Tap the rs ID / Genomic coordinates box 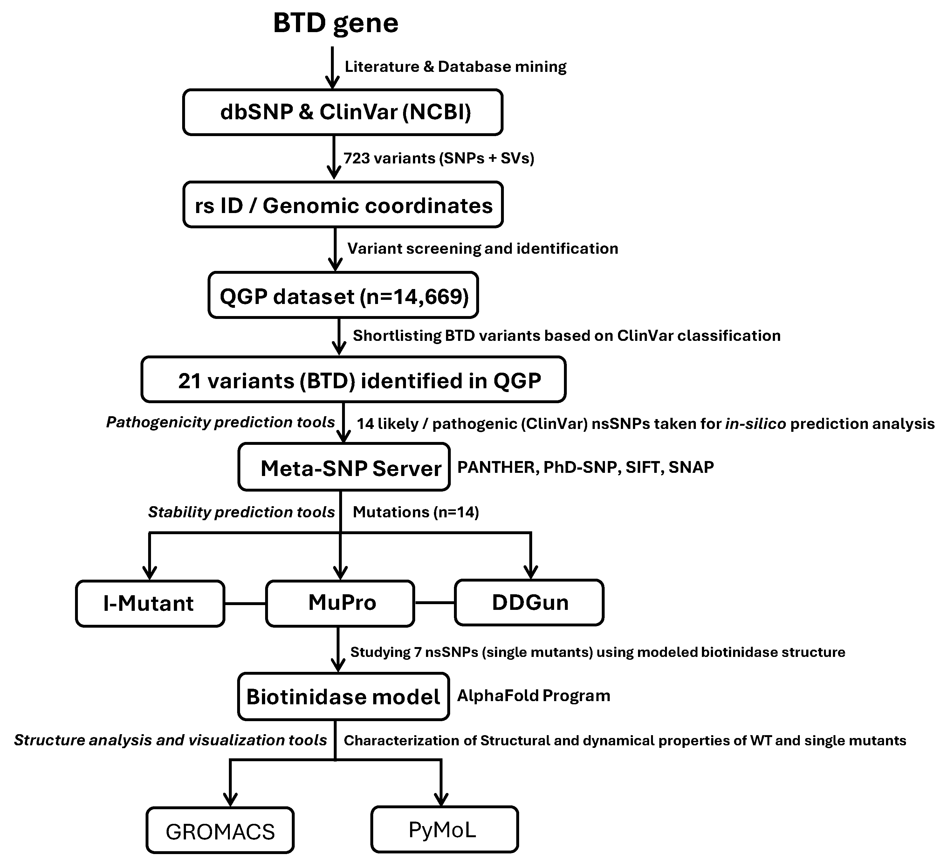tap(343, 205)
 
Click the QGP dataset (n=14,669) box tap(343, 295)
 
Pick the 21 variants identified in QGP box tap(353, 380)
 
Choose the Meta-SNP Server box tap(344, 467)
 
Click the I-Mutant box tap(150, 603)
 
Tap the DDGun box tap(529, 603)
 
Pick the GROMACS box tap(220, 831)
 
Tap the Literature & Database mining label tap(455, 67)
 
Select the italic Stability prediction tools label tap(241, 512)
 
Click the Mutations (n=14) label tap(416, 512)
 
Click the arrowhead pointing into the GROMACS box tap(230, 799)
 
